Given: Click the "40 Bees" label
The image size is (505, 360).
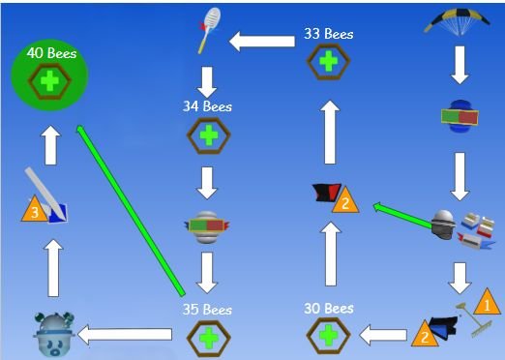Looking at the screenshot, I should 51,53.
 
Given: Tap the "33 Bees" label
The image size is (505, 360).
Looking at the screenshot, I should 328,34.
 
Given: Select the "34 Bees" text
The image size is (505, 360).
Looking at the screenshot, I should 208,106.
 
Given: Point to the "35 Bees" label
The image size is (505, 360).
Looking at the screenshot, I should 207,311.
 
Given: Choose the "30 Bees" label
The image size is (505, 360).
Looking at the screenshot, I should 328,309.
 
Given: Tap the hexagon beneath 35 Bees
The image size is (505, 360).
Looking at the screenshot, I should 208,339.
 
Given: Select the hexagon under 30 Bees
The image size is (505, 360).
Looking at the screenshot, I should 328,337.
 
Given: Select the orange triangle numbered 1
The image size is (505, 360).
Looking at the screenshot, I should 487,303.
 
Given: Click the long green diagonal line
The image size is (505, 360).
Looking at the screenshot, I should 131,209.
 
